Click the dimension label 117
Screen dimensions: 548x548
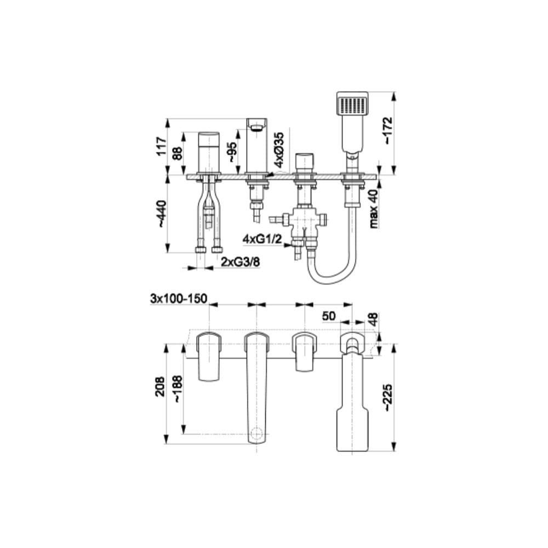coord(162,146)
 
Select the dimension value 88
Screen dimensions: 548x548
coord(178,153)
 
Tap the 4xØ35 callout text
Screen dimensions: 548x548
coord(279,150)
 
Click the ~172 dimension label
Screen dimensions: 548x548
coord(387,130)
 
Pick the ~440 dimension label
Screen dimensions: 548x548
coord(162,214)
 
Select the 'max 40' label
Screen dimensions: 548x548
coord(374,209)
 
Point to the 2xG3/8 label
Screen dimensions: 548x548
coord(241,261)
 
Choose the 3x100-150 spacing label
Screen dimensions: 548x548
coord(178,299)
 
